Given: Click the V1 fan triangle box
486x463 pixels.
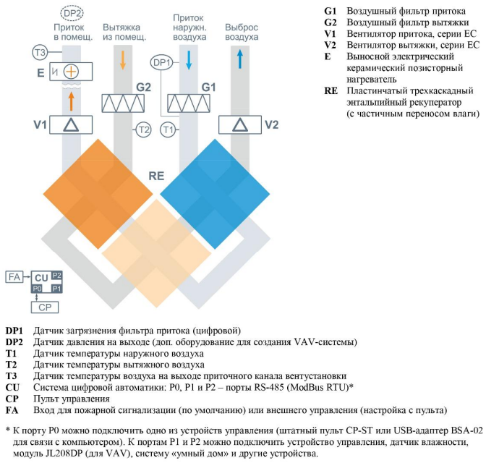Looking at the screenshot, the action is point(71,125).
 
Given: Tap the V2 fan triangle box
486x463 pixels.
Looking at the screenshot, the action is point(240,125).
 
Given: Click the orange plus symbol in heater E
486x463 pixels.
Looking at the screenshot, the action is point(71,72).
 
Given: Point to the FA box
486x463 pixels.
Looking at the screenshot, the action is point(14,276).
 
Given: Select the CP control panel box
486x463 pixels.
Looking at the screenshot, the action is point(45,307).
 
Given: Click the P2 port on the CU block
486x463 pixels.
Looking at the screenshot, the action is point(56,275).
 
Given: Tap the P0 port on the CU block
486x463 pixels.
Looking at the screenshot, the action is point(37,289).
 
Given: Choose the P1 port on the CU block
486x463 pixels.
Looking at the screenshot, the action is point(56,289).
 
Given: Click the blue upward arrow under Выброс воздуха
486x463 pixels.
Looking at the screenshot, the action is point(239,59).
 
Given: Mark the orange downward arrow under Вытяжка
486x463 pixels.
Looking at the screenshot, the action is point(123,60).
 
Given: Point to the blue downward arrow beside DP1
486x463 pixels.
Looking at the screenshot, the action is point(189,60).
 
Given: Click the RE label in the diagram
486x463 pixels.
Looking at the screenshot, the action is point(156,176).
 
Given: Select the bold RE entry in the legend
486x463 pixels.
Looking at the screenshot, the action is point(331,90).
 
